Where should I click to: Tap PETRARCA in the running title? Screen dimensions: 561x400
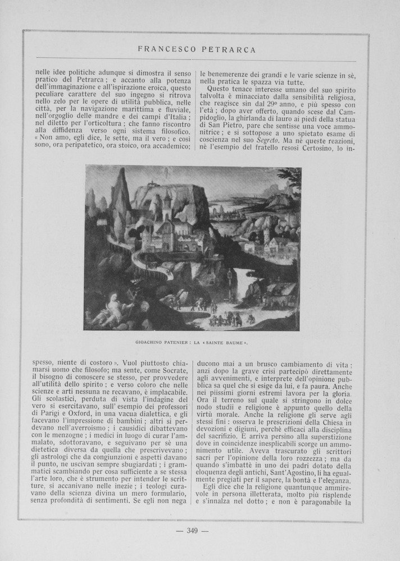[x=231, y=49]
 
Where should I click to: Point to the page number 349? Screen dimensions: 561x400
[x=193, y=531]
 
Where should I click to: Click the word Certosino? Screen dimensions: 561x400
[x=321, y=151]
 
